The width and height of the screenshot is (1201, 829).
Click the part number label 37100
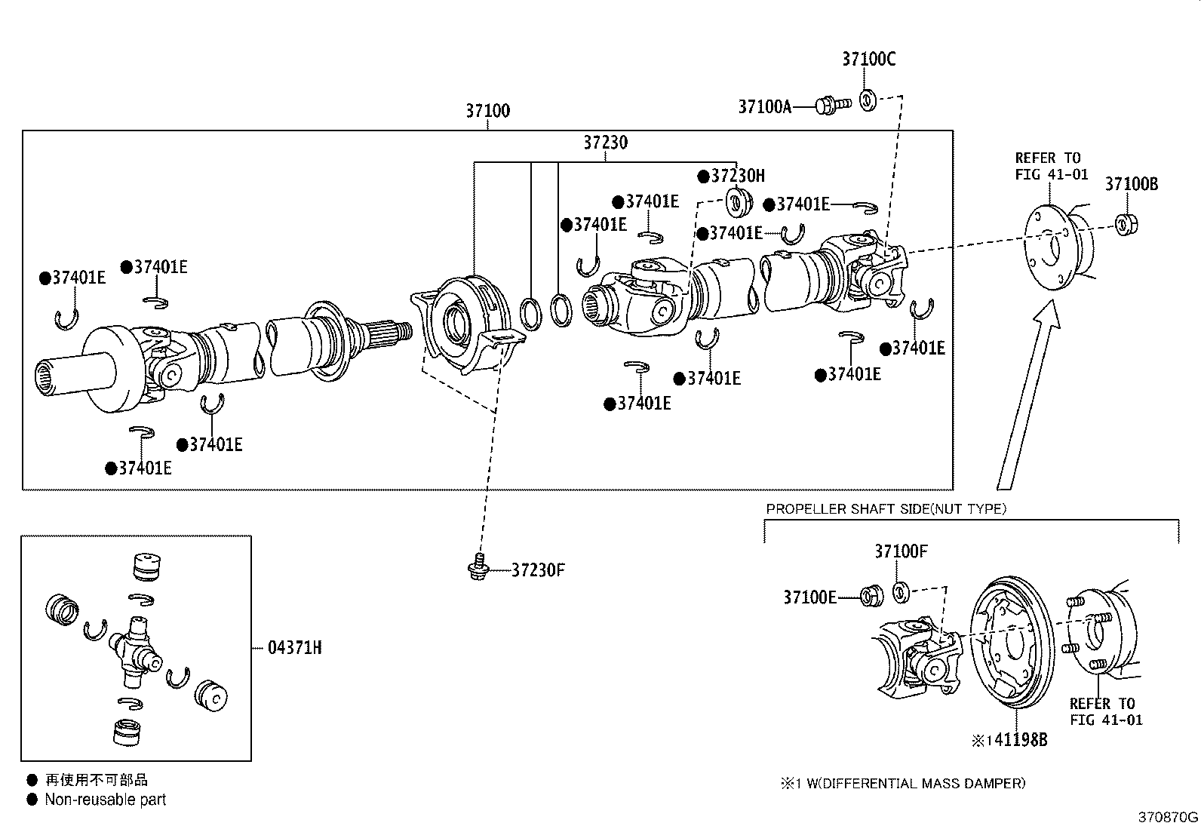click(x=487, y=111)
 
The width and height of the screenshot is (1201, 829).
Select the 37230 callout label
click(x=605, y=142)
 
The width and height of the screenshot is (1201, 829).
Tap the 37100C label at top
click(x=868, y=59)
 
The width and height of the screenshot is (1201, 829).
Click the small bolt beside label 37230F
click(x=476, y=568)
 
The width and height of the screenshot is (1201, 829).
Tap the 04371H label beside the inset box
click(x=294, y=647)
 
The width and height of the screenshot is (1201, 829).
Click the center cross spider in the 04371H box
click(x=136, y=649)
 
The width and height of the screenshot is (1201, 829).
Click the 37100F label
click(x=901, y=551)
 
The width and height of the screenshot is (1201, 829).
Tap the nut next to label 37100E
click(x=871, y=596)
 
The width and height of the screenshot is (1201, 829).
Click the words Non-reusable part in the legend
click(x=105, y=800)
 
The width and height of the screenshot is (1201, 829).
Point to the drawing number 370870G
click(x=1167, y=817)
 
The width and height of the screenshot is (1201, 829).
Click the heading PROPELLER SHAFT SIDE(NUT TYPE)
click(x=886, y=509)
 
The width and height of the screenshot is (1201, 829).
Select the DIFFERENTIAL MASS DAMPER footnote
click(x=903, y=784)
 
